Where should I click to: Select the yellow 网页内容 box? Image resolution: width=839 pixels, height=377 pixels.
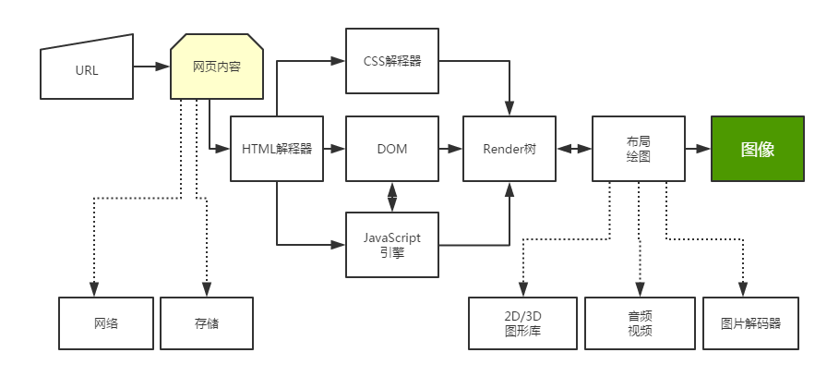coord(217,67)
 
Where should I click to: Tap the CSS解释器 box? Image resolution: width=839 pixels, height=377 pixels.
coord(392,61)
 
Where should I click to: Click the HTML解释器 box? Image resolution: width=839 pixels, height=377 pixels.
coord(277,149)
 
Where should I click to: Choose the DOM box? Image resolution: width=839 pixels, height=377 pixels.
coord(392,149)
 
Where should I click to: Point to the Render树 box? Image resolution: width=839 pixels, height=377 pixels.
coord(509,149)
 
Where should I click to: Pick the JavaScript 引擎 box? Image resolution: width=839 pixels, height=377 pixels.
coord(392,244)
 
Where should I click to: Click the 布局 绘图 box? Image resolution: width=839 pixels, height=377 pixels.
coord(638,149)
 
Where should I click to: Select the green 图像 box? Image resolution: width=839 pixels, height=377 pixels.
coord(757,149)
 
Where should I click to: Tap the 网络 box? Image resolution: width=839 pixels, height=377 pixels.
coord(105,324)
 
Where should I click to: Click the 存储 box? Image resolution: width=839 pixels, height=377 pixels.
coord(207,324)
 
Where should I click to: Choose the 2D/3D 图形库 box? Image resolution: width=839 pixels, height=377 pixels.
coord(522,324)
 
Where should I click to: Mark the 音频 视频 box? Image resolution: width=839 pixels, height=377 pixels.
coord(639,324)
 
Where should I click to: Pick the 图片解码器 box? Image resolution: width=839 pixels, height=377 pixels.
coord(750,324)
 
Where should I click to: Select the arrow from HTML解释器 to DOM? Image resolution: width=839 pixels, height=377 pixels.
coord(334,149)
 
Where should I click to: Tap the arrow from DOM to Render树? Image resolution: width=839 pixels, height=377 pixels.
coord(450,149)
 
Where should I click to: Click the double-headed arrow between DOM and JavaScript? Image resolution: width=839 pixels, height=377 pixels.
coord(392,196)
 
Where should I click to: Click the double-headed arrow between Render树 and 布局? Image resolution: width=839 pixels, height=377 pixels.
coord(574,149)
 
